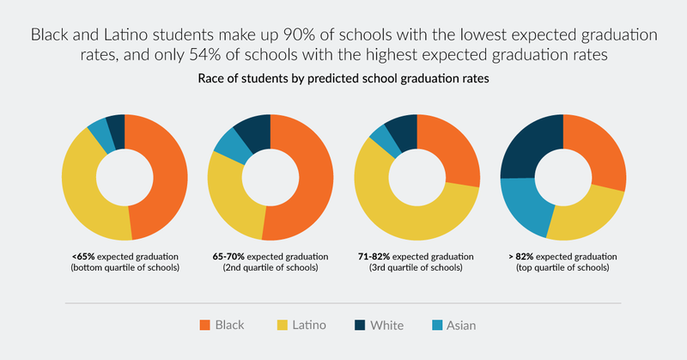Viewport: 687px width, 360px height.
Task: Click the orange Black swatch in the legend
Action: point(204,325)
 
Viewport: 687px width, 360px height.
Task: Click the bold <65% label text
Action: point(84,256)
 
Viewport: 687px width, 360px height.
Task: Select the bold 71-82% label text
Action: point(375,256)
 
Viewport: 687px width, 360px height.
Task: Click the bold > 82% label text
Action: point(520,256)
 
